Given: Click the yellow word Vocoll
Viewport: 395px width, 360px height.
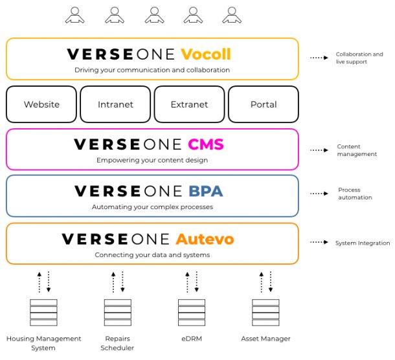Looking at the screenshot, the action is tap(206, 54).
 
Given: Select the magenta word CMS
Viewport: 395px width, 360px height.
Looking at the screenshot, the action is tap(206, 144).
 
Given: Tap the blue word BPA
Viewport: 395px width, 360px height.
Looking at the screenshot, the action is tap(206, 191).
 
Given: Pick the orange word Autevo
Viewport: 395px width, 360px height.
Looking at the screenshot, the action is tap(205, 239).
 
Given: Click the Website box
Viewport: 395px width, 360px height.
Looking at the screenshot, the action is tap(41, 104).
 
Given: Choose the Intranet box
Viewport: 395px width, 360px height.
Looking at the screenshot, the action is tap(115, 104).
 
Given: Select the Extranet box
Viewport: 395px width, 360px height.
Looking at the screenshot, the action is tap(190, 104).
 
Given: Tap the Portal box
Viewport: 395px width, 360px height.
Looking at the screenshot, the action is tap(264, 104).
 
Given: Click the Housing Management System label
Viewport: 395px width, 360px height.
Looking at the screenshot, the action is tap(43, 343).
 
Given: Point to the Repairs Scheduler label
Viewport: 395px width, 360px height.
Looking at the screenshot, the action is tap(117, 343).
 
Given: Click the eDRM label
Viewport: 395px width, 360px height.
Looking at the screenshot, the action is tap(192, 339).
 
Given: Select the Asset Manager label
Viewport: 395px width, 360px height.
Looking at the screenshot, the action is tap(265, 339).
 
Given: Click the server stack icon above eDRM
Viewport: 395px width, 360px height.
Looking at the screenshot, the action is tap(192, 312).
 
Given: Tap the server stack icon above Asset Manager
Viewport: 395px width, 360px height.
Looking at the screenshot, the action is tap(265, 312).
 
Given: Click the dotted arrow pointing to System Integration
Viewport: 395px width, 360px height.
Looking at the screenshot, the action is tap(319, 242).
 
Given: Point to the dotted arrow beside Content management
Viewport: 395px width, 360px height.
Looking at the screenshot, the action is tap(319, 150).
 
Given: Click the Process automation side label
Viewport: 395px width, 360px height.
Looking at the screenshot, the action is tap(355, 194).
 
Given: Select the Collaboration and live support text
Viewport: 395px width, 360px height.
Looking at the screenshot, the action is tap(359, 58).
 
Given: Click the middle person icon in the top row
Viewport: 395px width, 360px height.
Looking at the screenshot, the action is tap(154, 16).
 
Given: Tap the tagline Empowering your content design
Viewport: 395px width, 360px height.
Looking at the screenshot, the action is tap(152, 160).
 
